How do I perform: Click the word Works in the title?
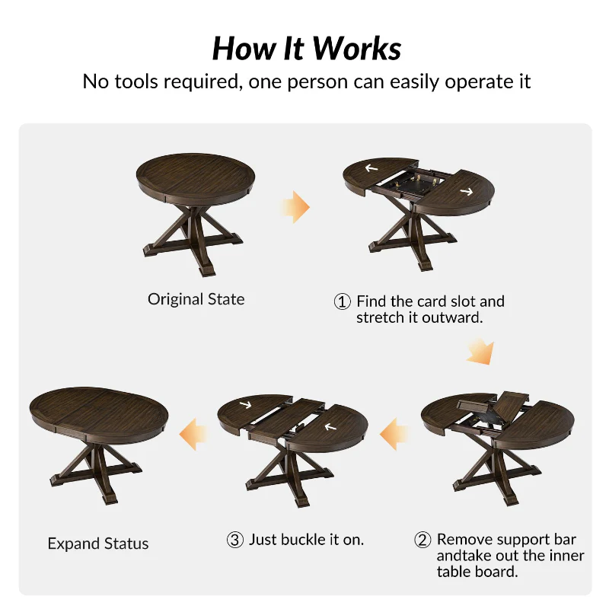click(x=356, y=49)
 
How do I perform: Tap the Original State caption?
click(x=196, y=299)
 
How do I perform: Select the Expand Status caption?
click(x=98, y=544)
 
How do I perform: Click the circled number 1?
click(x=342, y=301)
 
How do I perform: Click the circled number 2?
click(x=422, y=540)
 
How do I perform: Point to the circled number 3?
click(x=235, y=540)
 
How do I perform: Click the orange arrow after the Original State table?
click(x=297, y=207)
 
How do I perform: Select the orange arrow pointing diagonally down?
click(x=481, y=352)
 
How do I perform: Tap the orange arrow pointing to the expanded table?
click(x=193, y=434)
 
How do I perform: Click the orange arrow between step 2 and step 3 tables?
click(x=394, y=434)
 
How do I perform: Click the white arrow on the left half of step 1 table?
click(x=371, y=167)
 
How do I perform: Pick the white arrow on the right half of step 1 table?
click(x=467, y=191)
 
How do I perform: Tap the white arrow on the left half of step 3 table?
click(x=245, y=405)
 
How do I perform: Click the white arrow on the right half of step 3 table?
click(x=330, y=427)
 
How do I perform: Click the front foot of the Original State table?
click(x=207, y=270)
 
